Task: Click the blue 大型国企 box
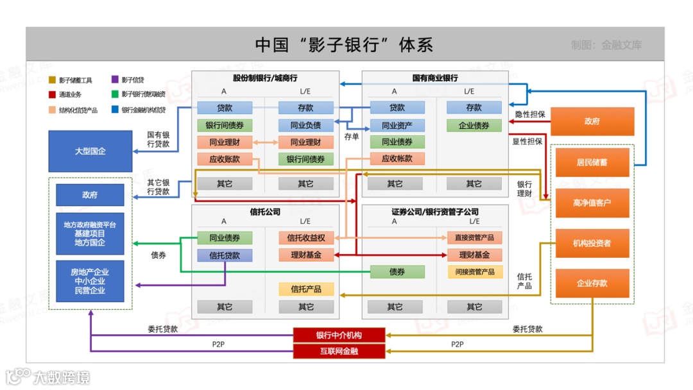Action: pyautogui.click(x=90, y=151)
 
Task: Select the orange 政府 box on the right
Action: pyautogui.click(x=592, y=121)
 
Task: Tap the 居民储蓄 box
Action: pyautogui.click(x=592, y=163)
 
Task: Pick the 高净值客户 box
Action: pyautogui.click(x=592, y=203)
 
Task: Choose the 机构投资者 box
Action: pyautogui.click(x=592, y=243)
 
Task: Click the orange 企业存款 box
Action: pyautogui.click(x=592, y=283)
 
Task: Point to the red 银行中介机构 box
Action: pyautogui.click(x=339, y=335)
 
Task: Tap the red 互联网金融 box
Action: pyautogui.click(x=339, y=351)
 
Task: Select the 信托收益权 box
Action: pyautogui.click(x=306, y=238)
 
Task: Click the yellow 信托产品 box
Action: pyautogui.click(x=306, y=289)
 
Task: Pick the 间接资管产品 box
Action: pyautogui.click(x=475, y=272)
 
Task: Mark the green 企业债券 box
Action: pyautogui.click(x=474, y=126)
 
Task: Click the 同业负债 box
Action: pyautogui.click(x=306, y=125)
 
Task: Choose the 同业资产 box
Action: pyautogui.click(x=397, y=126)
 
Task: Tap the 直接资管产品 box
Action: pyautogui.click(x=475, y=238)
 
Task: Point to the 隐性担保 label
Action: pyautogui.click(x=530, y=114)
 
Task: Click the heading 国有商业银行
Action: pyautogui.click(x=435, y=78)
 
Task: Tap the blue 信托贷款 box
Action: pyautogui.click(x=225, y=255)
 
